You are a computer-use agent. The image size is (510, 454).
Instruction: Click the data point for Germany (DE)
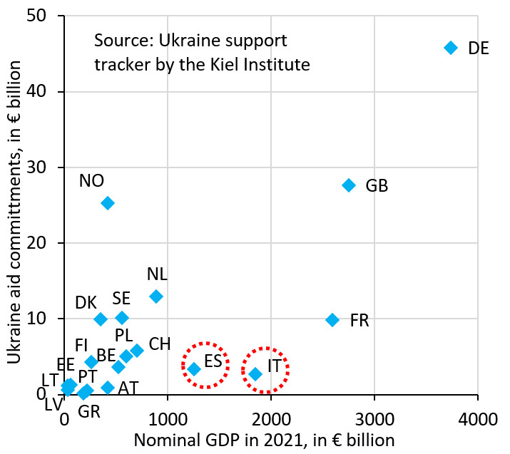pos(450,48)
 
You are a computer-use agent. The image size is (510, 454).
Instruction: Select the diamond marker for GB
pos(349,185)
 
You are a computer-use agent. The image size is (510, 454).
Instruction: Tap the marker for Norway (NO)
pos(108,203)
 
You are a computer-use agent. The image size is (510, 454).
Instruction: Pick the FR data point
pos(332,320)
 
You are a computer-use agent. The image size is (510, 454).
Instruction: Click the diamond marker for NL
pos(156,296)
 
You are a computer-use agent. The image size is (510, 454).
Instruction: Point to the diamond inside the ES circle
pos(194,369)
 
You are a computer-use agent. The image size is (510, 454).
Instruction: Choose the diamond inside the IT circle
pos(255,373)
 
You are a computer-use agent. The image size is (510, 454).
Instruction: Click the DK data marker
pos(101,319)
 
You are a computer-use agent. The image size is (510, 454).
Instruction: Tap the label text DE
pos(479,48)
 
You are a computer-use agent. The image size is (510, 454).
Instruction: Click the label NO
pos(91,181)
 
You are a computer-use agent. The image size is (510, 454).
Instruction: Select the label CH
pos(160,344)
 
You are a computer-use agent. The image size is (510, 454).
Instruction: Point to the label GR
pos(88,411)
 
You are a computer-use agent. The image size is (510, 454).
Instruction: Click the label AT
pos(128,388)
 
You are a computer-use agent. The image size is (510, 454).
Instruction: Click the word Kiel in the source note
pos(230,64)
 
